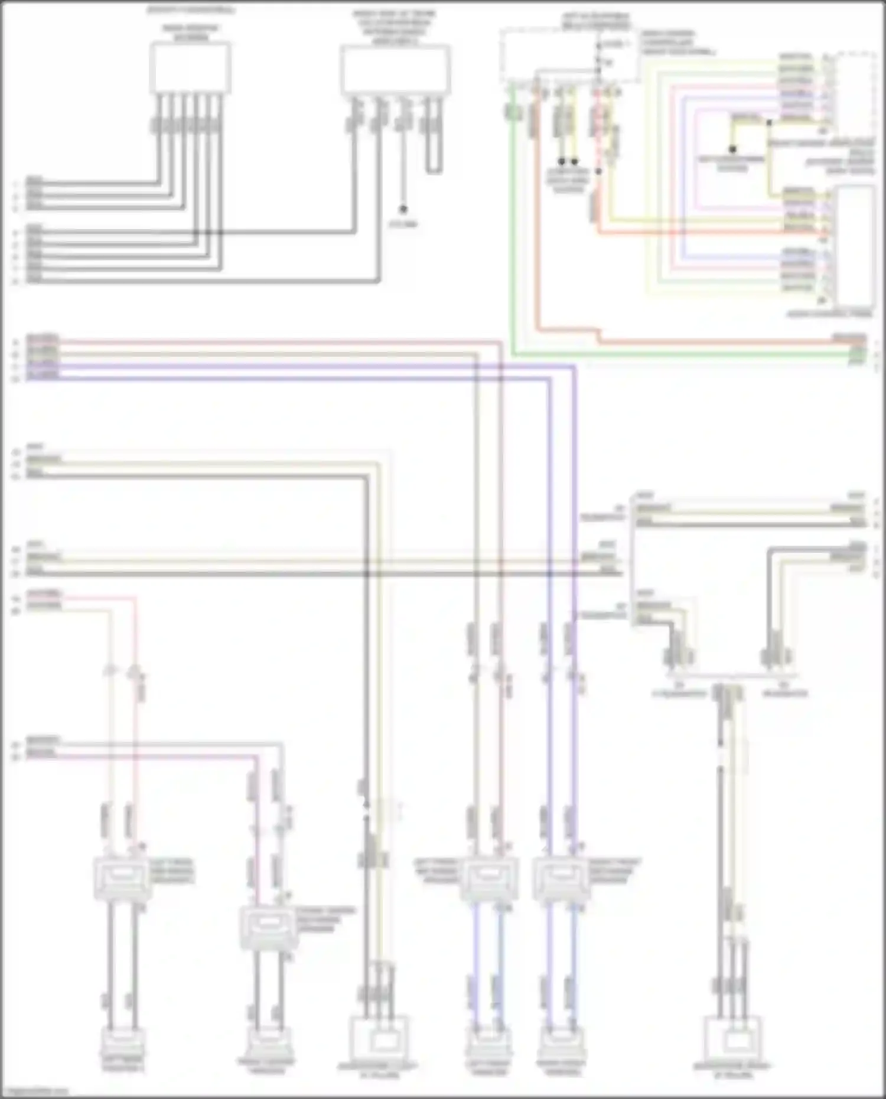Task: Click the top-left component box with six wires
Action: tap(190, 68)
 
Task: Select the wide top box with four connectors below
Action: tap(395, 70)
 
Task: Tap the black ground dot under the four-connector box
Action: tap(403, 209)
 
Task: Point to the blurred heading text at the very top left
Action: tap(190, 10)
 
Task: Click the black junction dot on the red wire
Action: tap(598, 171)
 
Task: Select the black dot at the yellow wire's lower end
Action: tap(732, 149)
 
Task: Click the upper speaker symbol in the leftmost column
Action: tap(122, 879)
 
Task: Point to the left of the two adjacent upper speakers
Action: tap(489, 879)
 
